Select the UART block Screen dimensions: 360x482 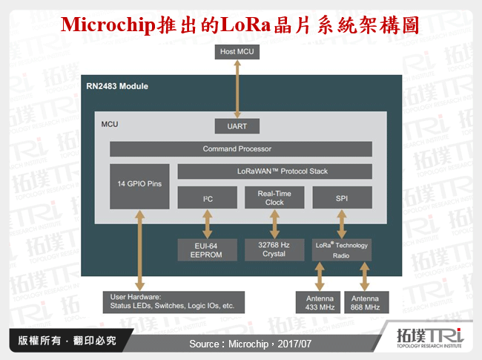pyautogui.click(x=237, y=126)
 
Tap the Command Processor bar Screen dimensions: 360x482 pyautogui.click(x=241, y=149)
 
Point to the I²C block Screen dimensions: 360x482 pyautogui.click(x=207, y=198)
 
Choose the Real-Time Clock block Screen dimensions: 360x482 pyautogui.click(x=274, y=197)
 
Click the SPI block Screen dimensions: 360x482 pyautogui.click(x=342, y=198)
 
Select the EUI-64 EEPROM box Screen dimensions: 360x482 pyautogui.click(x=207, y=249)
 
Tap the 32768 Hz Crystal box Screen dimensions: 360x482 pyautogui.click(x=274, y=249)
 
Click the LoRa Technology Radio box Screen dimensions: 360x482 pyautogui.click(x=342, y=249)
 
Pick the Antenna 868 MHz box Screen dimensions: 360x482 pyautogui.click(x=365, y=302)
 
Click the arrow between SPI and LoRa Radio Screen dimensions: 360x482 pyautogui.click(x=342, y=223)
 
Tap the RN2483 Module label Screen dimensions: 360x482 pyautogui.click(x=117, y=86)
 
